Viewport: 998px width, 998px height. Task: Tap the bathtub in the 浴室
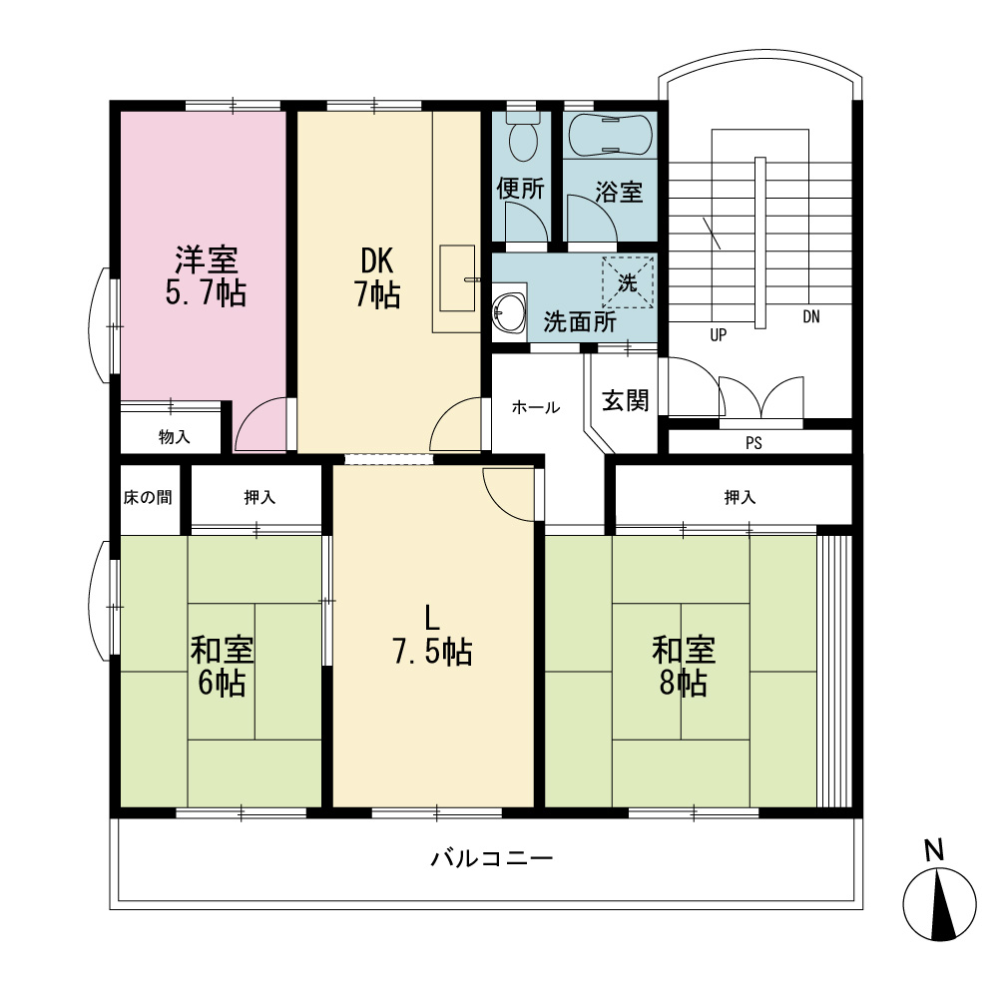point(610,135)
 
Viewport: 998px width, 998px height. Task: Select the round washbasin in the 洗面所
point(509,312)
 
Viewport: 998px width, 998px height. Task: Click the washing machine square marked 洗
point(628,282)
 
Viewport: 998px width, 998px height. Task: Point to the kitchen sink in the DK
point(457,278)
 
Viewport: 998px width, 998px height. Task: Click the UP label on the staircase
point(718,334)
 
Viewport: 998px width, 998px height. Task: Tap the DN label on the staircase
point(810,316)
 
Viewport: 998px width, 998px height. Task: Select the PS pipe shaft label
point(753,443)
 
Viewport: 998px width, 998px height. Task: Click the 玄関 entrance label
point(626,400)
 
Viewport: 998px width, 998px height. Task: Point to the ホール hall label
point(535,407)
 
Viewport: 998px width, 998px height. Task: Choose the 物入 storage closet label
point(174,437)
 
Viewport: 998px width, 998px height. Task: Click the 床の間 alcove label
point(148,497)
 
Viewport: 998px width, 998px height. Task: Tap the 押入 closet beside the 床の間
point(259,497)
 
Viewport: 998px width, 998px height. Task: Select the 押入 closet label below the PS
point(740,497)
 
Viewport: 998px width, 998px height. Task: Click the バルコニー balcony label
point(492,858)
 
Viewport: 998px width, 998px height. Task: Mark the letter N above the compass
point(934,850)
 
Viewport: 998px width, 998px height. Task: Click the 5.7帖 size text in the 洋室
point(206,293)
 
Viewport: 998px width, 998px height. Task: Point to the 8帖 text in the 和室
point(683,683)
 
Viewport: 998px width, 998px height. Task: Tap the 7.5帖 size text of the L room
point(432,652)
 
